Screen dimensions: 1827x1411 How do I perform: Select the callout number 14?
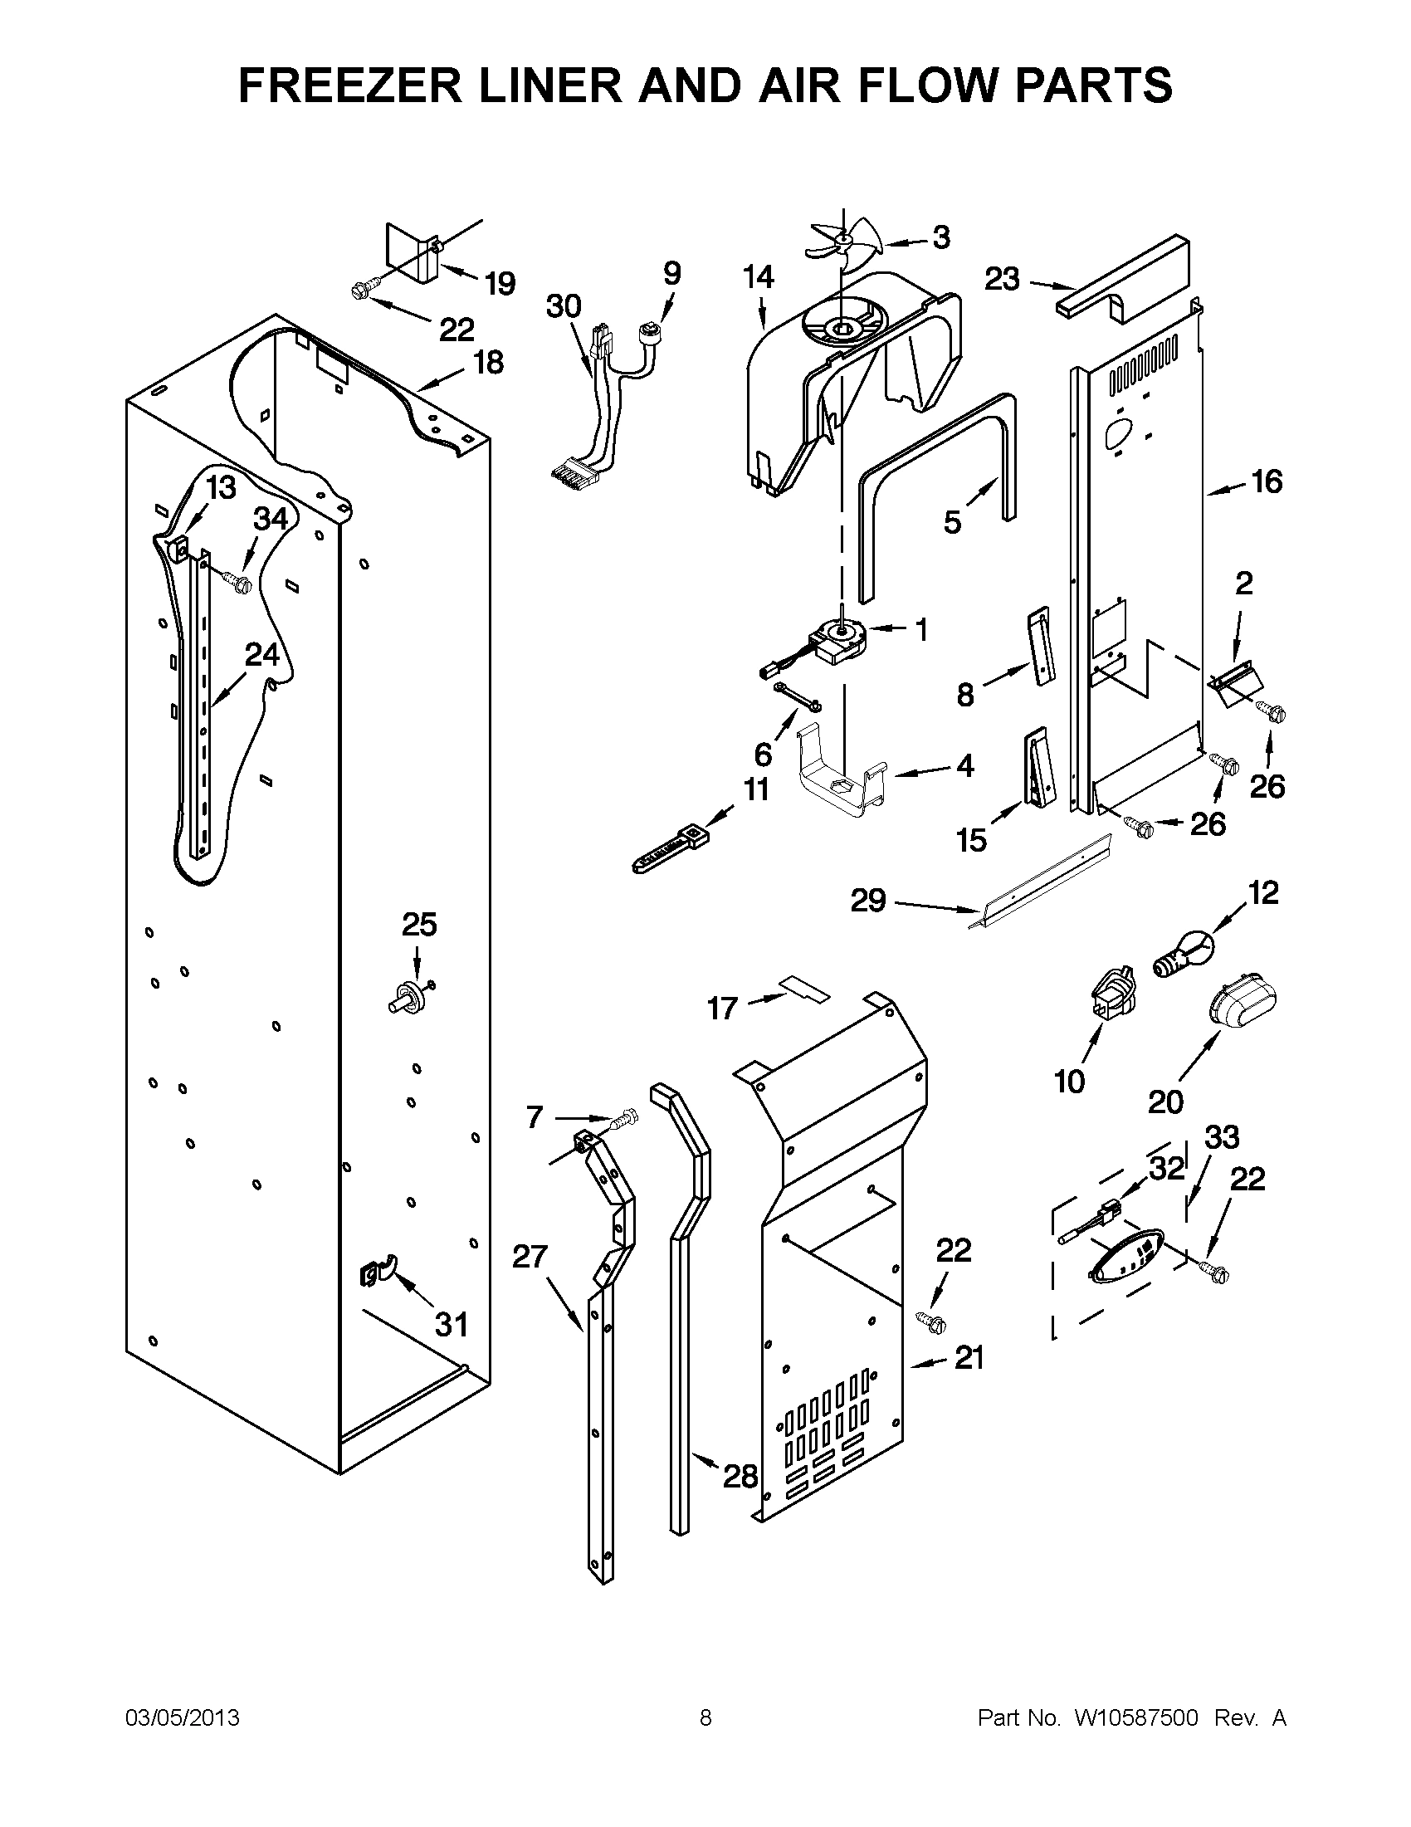(x=759, y=277)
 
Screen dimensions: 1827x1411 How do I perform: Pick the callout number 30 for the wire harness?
(x=564, y=306)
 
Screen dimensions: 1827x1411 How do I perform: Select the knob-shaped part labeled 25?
(x=409, y=997)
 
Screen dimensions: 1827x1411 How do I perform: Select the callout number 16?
(x=1267, y=481)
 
